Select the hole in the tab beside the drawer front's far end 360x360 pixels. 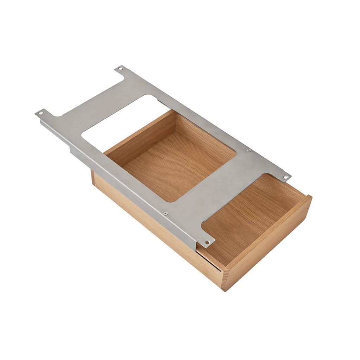click(x=285, y=176)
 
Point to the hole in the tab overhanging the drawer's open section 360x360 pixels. click(x=207, y=242)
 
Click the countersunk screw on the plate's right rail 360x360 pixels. click(x=249, y=150)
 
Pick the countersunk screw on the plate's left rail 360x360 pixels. click(x=165, y=213)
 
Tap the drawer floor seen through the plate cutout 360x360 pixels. click(x=176, y=165)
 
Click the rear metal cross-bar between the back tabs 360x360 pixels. click(x=106, y=102)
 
